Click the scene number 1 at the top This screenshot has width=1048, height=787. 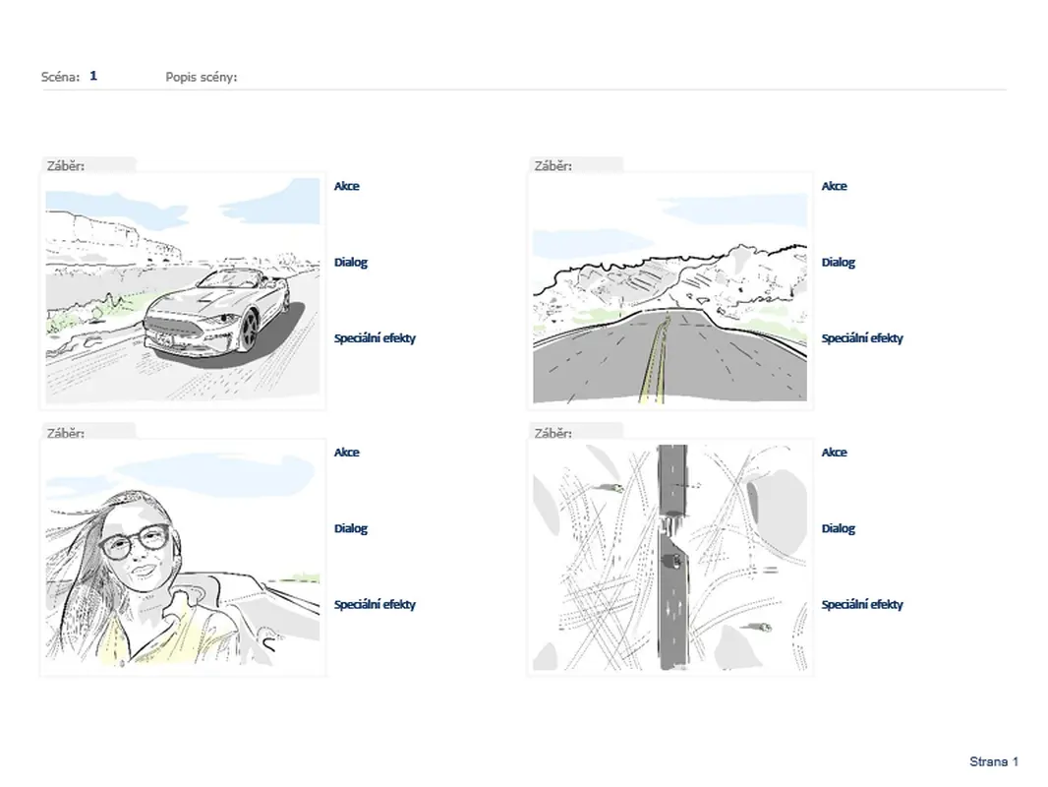[x=93, y=76]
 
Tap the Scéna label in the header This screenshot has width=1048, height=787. [x=60, y=77]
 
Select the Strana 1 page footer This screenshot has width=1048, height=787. [x=994, y=761]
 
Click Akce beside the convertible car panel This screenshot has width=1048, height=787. [x=346, y=186]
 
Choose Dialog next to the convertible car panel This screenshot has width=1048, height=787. [x=351, y=262]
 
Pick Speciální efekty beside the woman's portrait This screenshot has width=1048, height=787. [x=375, y=604]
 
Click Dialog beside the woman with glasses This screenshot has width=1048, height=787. [x=351, y=528]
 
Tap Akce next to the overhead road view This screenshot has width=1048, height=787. [x=834, y=452]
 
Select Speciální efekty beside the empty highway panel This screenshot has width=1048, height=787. [x=862, y=338]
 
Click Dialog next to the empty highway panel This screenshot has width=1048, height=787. [x=839, y=262]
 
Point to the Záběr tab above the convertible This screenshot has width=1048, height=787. [x=66, y=166]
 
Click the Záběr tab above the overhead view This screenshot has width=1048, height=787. [x=553, y=433]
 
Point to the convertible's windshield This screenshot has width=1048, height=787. [x=226, y=278]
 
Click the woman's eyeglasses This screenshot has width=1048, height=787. [x=135, y=541]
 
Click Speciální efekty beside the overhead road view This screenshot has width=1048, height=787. [x=862, y=604]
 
